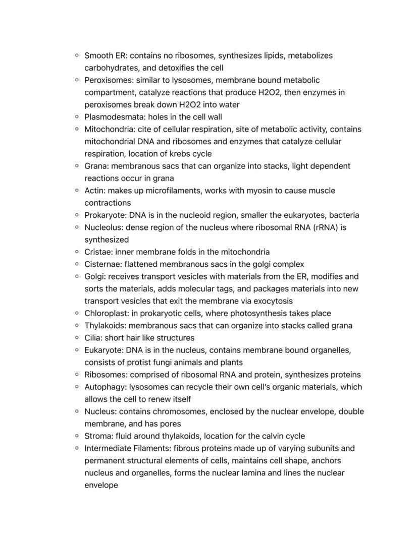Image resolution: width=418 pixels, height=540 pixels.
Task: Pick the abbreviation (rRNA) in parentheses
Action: tap(328, 227)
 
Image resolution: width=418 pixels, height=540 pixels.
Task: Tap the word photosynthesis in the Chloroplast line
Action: tap(257, 313)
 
